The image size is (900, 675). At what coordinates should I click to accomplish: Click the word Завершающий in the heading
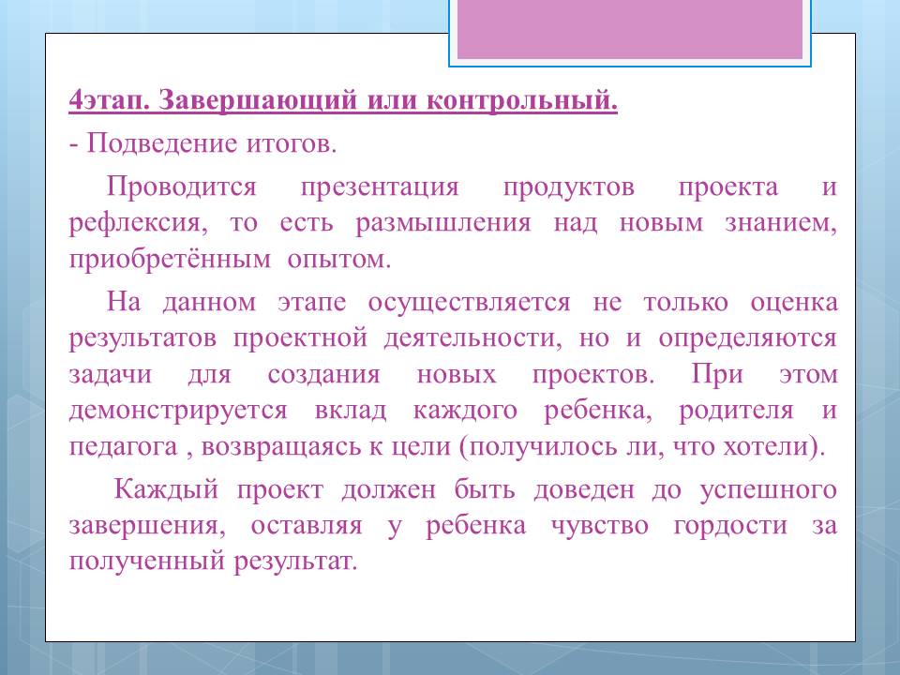pos(256,101)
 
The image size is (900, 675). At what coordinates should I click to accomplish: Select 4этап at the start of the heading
pos(106,101)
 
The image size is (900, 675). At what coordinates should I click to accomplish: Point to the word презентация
pos(380,187)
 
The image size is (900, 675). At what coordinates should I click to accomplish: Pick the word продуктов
pos(569,187)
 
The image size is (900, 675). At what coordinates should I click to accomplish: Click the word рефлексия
pos(134,223)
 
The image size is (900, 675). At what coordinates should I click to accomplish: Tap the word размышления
pos(443,223)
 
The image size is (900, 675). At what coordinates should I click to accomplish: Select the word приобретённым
pos(170,259)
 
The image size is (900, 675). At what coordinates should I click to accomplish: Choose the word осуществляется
pos(469,303)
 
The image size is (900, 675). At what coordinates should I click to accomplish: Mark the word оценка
pos(794,303)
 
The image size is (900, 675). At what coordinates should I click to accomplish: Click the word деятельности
pos(470,338)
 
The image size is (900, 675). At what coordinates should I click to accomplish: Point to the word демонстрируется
pos(178,411)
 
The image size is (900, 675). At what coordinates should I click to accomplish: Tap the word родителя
pos(737,411)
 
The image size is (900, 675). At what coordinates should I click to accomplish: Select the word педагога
pos(123,447)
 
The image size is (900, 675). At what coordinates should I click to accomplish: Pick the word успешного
pos(769,490)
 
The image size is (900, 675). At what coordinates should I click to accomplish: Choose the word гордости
pos(730,526)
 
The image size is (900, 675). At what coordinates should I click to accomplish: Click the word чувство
pos(600,526)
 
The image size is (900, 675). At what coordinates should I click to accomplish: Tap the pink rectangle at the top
pos(630,29)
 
